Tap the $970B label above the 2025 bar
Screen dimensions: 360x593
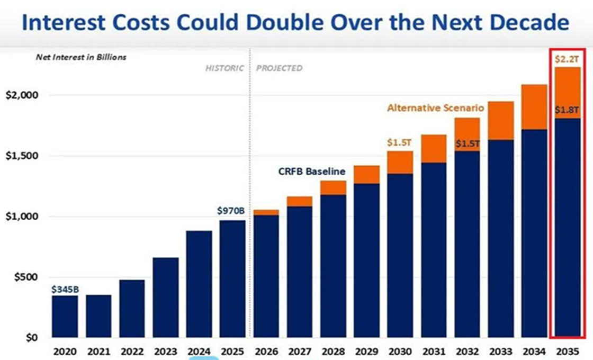231,211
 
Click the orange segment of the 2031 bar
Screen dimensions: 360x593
433,148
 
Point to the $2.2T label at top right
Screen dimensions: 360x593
565,60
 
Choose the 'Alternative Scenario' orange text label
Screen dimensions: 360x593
435,108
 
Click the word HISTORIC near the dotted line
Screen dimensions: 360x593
224,68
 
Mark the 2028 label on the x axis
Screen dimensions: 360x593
333,351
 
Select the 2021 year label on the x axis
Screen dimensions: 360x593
98,351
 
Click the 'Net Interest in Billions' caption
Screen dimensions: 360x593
81,57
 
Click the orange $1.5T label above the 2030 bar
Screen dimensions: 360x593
399,142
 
